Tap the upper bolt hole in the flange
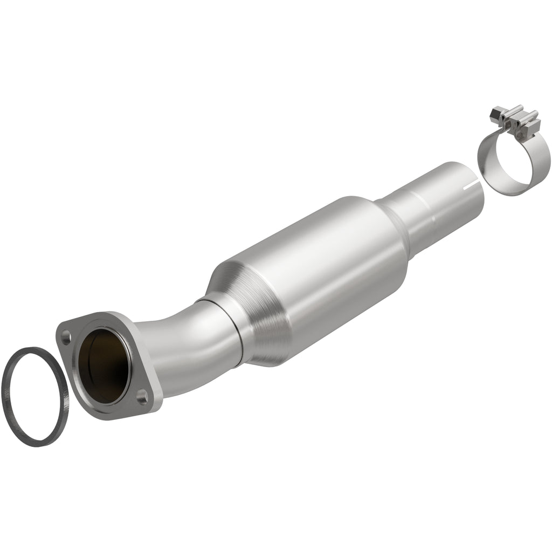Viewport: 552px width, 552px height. [66, 340]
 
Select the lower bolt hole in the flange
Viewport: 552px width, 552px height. [142, 399]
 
